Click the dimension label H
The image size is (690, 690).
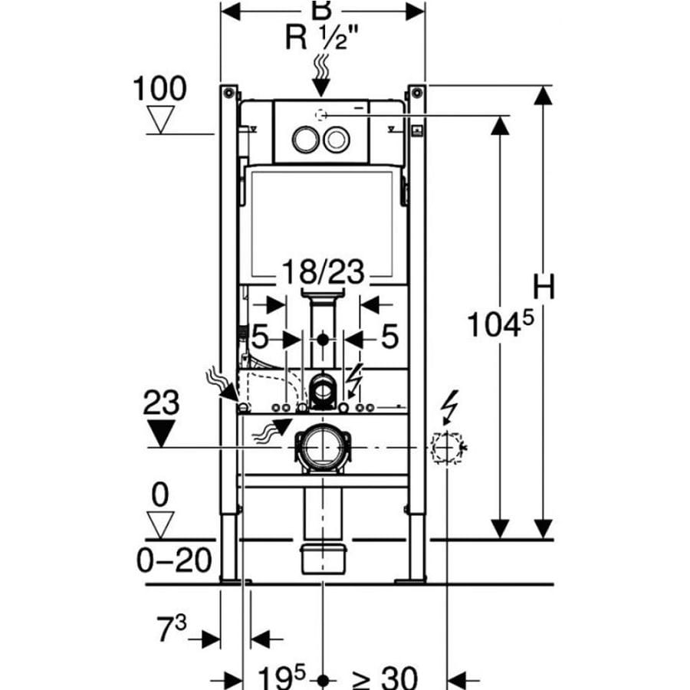pyautogui.click(x=544, y=287)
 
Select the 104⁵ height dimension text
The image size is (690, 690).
pyautogui.click(x=501, y=324)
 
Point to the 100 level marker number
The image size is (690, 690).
pyautogui.click(x=159, y=88)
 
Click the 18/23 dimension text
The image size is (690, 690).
pyautogui.click(x=323, y=271)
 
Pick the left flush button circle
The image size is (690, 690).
pyautogui.click(x=305, y=140)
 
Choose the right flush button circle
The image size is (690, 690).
pyautogui.click(x=337, y=140)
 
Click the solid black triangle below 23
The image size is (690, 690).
pyautogui.click(x=161, y=432)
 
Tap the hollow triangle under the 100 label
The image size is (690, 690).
pyautogui.click(x=160, y=120)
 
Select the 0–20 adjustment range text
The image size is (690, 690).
pyautogui.click(x=174, y=560)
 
